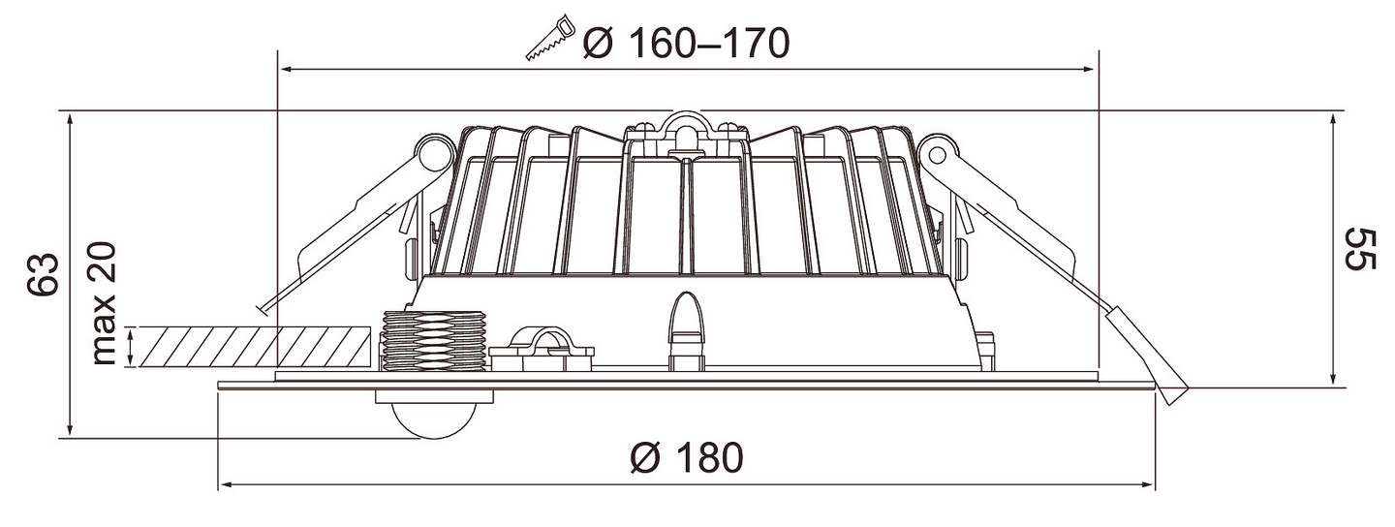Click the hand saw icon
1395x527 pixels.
tap(550, 38)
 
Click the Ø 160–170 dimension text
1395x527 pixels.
tap(686, 43)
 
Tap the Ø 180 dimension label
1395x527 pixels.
tap(687, 458)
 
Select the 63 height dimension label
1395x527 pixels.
tap(43, 273)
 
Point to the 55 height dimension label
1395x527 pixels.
tap(1358, 249)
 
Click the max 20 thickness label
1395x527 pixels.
tap(103, 303)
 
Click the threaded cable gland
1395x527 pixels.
tap(434, 341)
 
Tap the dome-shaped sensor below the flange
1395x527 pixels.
tap(434, 414)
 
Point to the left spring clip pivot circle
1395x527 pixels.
tap(435, 153)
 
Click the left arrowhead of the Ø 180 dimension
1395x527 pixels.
tap(226, 484)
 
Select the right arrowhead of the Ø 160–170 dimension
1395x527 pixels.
tap(1089, 69)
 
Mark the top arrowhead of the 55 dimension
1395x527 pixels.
tap(1332, 121)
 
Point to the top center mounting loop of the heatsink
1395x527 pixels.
tap(685, 128)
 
